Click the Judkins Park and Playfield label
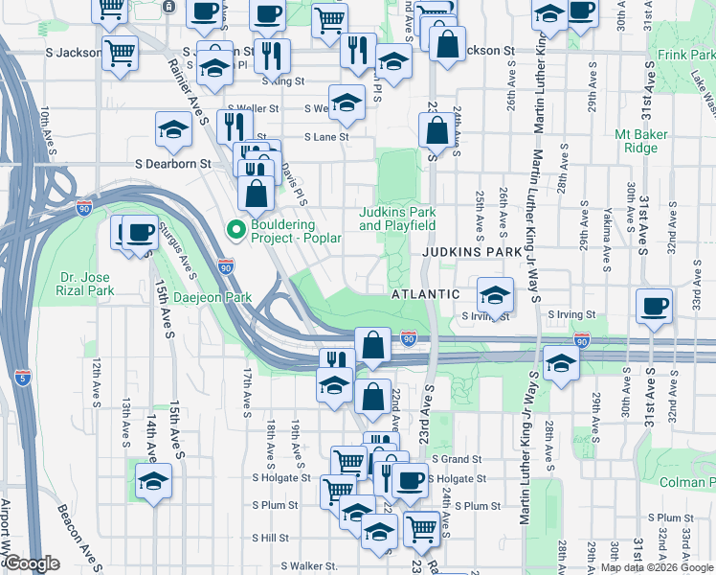point(397,218)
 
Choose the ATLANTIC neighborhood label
point(427,294)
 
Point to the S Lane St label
point(326,137)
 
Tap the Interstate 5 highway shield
point(22,377)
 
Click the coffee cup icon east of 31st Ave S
point(656,306)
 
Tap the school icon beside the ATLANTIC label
point(495,293)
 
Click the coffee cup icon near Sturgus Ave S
point(141,232)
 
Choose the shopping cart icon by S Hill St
point(422,527)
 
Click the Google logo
point(32,563)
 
